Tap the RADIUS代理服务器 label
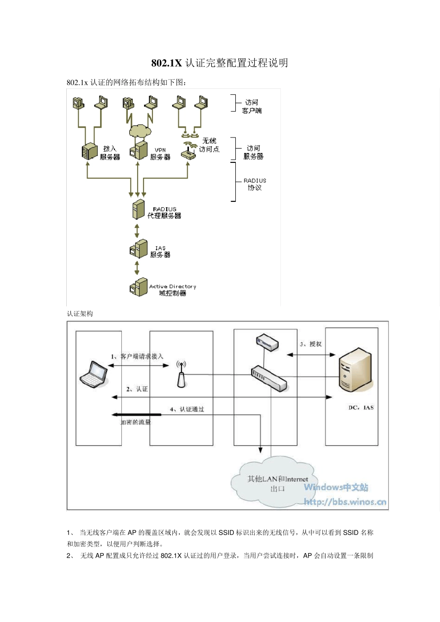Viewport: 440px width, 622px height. (164, 212)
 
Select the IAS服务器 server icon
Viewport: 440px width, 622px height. (138, 249)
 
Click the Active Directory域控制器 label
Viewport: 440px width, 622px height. (172, 290)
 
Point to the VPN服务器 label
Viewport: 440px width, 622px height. (160, 154)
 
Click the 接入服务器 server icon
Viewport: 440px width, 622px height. (89, 150)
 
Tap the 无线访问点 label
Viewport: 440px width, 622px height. (209, 145)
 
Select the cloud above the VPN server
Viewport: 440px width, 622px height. (140, 131)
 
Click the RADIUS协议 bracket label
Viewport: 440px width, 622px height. (255, 184)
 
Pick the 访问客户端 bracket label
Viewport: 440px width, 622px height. (251, 106)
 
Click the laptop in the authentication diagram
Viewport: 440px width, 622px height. (94, 374)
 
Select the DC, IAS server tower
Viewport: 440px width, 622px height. (355, 370)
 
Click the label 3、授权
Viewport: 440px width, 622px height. (310, 344)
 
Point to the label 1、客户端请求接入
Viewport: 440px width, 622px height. (137, 356)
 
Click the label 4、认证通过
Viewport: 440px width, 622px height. (187, 409)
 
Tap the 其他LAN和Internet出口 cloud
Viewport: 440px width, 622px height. (277, 483)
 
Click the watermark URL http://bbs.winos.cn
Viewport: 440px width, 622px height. (345, 502)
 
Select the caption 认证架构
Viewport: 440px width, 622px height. (80, 313)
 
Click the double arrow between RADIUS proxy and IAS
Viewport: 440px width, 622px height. (137, 230)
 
